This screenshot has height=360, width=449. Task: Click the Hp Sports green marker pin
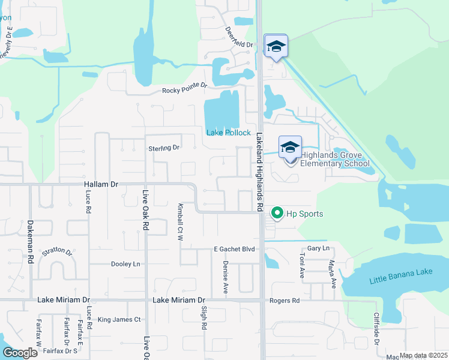(277, 213)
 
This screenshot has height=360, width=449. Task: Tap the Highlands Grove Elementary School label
(334, 158)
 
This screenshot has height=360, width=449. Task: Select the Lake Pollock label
(228, 133)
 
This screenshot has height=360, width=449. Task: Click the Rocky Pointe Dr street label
(184, 91)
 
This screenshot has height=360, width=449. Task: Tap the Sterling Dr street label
(164, 148)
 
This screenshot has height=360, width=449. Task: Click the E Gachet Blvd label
(235, 249)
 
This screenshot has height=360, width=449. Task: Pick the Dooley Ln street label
(125, 264)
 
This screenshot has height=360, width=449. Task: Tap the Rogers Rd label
(285, 301)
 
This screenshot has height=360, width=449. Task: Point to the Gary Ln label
(318, 248)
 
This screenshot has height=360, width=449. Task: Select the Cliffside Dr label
(377, 328)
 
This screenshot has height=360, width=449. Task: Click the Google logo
(20, 353)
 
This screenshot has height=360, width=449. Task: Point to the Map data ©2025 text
(423, 356)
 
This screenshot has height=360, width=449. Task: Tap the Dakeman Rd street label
(30, 241)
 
